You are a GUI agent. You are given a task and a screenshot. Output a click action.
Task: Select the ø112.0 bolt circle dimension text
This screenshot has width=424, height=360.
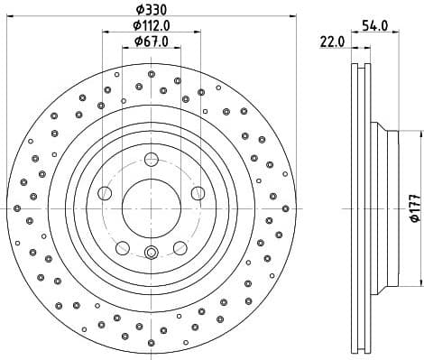[x=151, y=25]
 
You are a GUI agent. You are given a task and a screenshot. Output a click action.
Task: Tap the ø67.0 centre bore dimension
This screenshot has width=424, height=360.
[x=151, y=42]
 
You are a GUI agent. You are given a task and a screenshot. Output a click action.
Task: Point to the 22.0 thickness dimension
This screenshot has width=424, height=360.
[x=332, y=42]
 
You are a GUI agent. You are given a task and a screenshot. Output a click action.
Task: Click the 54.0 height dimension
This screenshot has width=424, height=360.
[x=374, y=25]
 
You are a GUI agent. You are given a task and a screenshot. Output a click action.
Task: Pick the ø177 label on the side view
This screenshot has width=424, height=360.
[x=412, y=208]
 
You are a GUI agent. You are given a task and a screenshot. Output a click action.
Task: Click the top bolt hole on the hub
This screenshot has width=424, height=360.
[x=152, y=161]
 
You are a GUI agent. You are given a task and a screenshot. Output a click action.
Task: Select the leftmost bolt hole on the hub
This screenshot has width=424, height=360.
[x=105, y=193]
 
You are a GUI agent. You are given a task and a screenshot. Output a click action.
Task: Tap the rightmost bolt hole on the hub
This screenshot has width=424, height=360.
[x=198, y=193]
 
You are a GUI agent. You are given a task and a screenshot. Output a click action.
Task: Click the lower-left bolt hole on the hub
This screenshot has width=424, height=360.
[x=123, y=247]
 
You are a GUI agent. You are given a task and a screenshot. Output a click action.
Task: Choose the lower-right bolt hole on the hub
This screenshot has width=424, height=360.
[x=180, y=247]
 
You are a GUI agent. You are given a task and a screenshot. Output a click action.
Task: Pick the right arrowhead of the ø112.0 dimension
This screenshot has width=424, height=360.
[x=198, y=32]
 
